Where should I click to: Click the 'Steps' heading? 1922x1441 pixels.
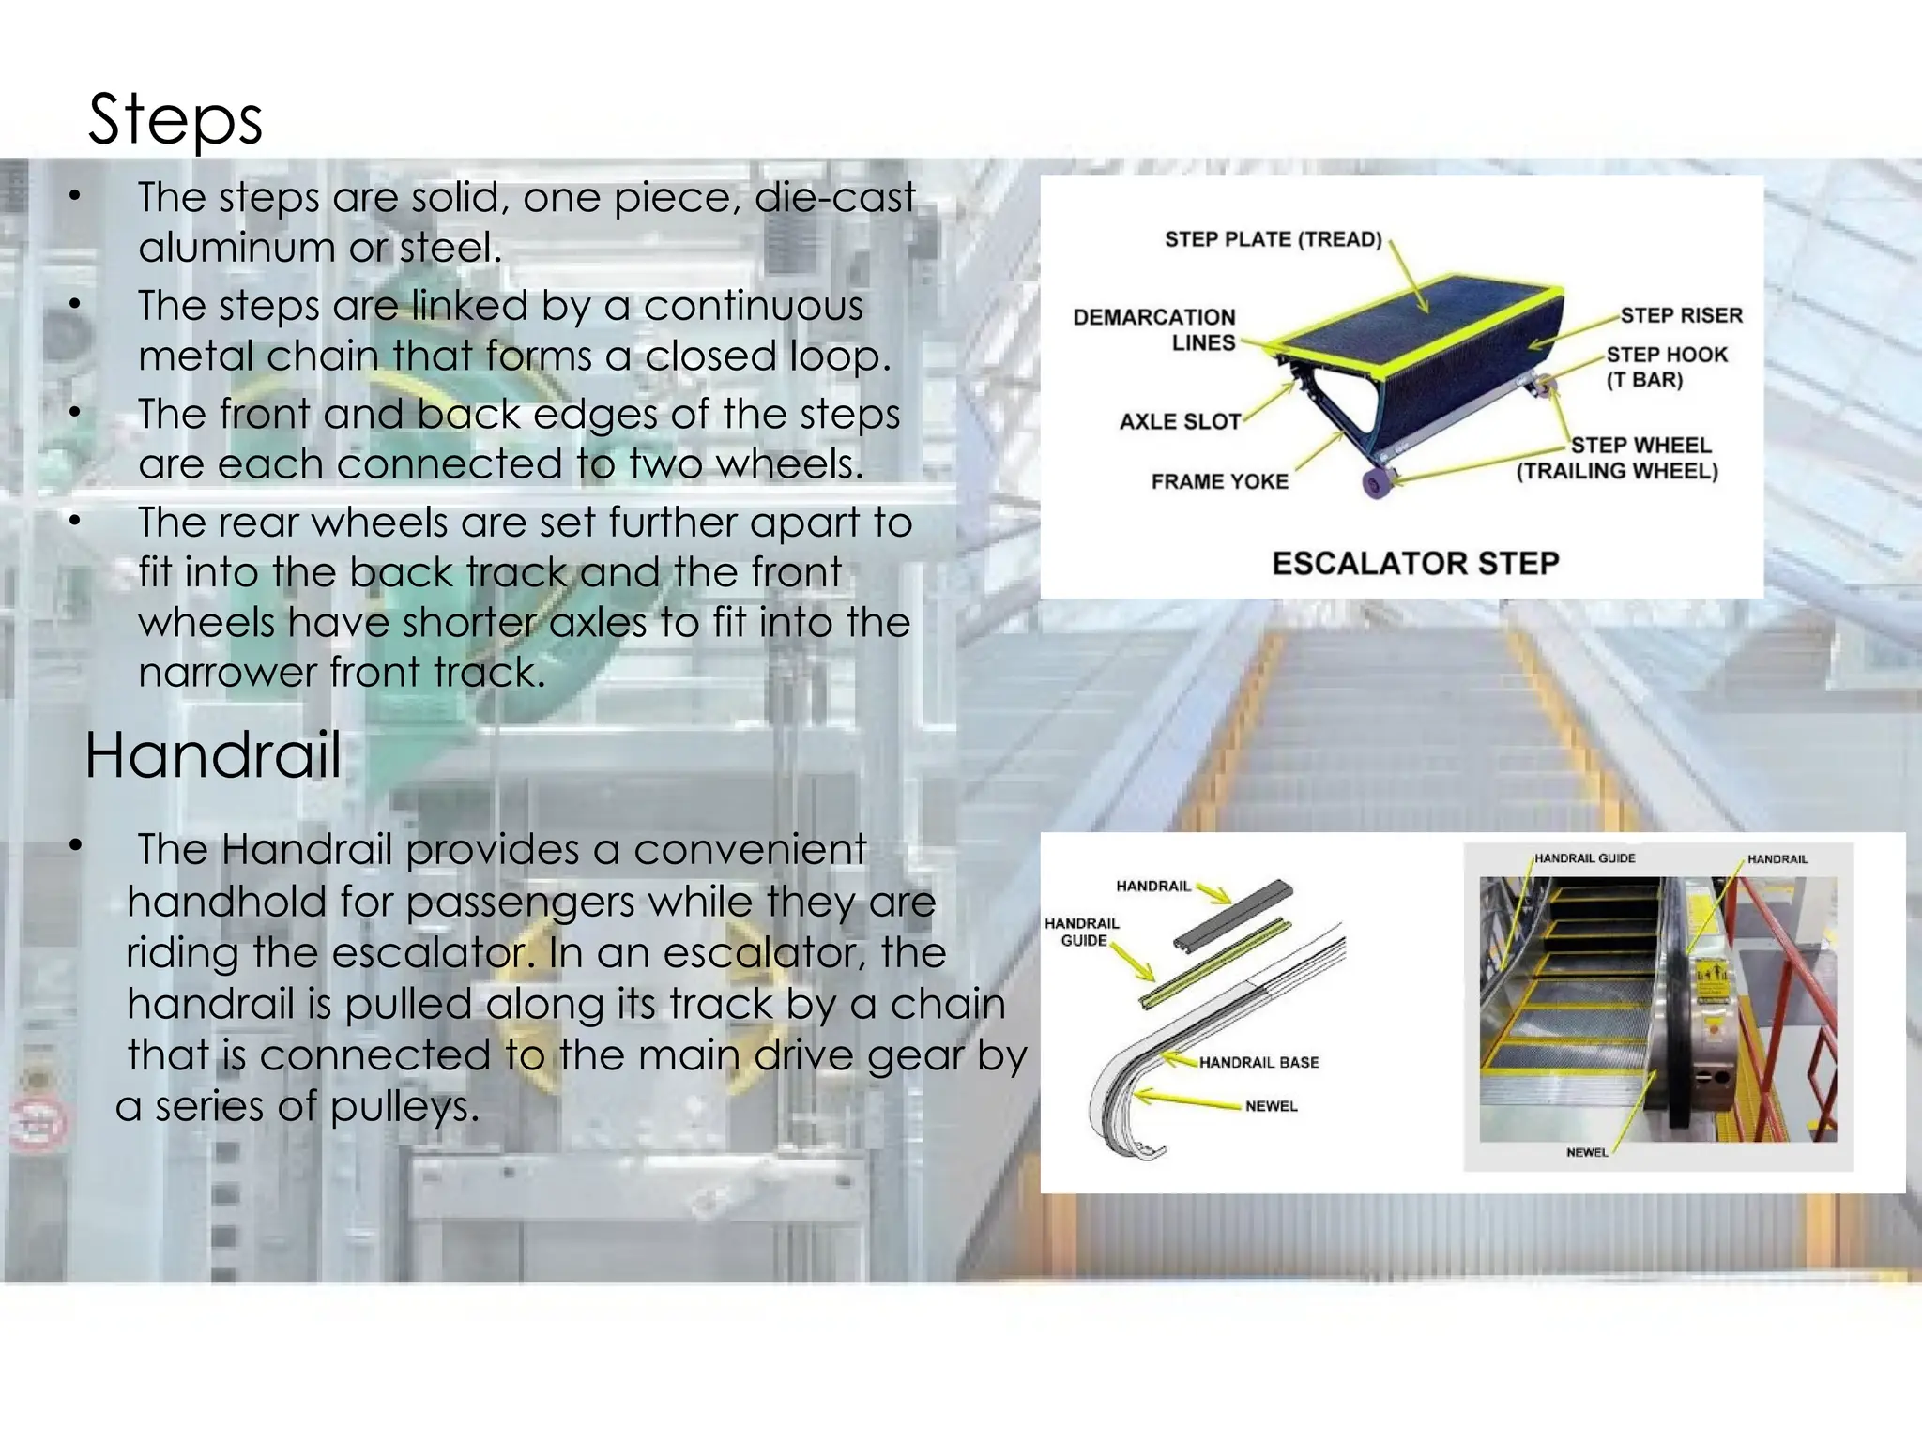coord(175,120)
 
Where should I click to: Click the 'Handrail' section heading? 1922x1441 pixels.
coord(213,755)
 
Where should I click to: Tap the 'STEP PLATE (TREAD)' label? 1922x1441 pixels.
coord(1273,239)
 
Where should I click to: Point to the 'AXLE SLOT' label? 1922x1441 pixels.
coord(1180,422)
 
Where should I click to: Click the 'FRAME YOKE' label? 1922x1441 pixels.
coord(1219,481)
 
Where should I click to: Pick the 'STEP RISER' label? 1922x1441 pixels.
coord(1681,315)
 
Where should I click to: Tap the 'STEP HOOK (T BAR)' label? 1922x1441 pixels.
coord(1666,367)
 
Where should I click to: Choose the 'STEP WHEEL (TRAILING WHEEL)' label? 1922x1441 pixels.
coord(1617,458)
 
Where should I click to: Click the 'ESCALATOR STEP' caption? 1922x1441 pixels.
coord(1415,563)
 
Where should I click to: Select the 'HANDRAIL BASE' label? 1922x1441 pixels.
coord(1258,1062)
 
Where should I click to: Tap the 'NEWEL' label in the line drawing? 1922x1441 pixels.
coord(1271,1106)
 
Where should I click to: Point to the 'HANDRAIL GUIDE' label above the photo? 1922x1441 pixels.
coord(1584,858)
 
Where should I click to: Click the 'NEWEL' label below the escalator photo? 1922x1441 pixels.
coord(1587,1152)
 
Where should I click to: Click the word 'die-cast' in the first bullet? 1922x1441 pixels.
coord(834,197)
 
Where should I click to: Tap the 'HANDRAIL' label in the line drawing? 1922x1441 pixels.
coord(1152,886)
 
